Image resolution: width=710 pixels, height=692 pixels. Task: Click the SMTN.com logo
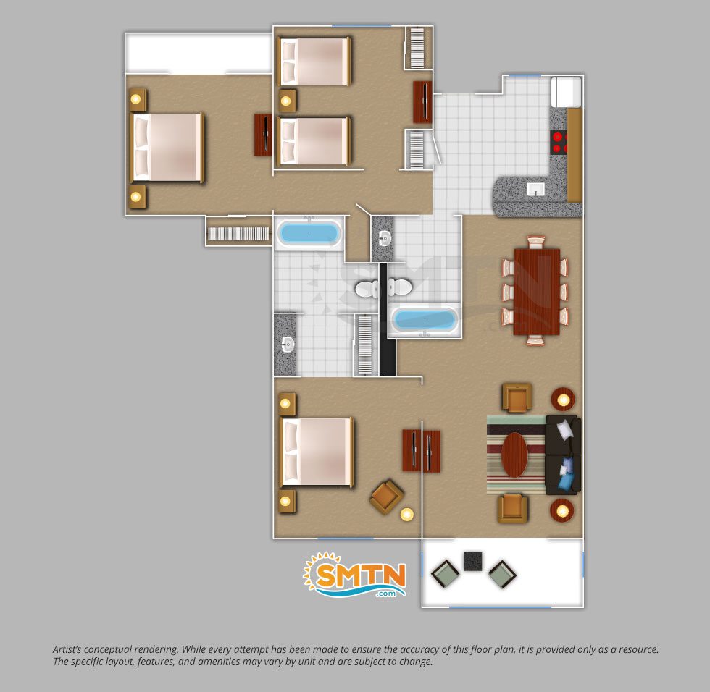point(354,575)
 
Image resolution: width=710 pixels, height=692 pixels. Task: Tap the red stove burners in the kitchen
point(559,142)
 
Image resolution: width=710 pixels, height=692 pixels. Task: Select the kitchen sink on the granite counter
point(535,189)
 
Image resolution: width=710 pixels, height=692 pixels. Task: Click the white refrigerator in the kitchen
point(566,92)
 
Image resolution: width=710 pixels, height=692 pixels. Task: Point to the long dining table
point(537,292)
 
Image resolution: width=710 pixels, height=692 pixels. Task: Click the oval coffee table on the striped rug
point(515,455)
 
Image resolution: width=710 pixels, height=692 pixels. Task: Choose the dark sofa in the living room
point(564,455)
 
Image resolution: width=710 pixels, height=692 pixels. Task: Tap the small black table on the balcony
point(472,561)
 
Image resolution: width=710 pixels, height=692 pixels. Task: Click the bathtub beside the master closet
point(309,233)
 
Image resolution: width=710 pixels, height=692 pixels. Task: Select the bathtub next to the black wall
point(424,320)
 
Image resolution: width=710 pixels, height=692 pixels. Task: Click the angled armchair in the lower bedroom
point(386,497)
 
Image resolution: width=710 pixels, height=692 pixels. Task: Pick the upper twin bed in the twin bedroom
point(314,62)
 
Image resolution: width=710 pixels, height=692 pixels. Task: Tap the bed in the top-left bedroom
point(167,148)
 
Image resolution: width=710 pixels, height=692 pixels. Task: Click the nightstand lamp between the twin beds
point(285,101)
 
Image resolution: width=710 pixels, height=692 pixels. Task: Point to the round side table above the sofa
point(563,400)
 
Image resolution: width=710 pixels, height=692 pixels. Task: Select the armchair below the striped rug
point(513,508)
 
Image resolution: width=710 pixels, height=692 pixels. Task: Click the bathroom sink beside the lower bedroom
point(287,345)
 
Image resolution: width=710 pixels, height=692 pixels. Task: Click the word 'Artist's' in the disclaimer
point(68,649)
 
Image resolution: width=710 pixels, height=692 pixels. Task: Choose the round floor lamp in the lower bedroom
point(407,514)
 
